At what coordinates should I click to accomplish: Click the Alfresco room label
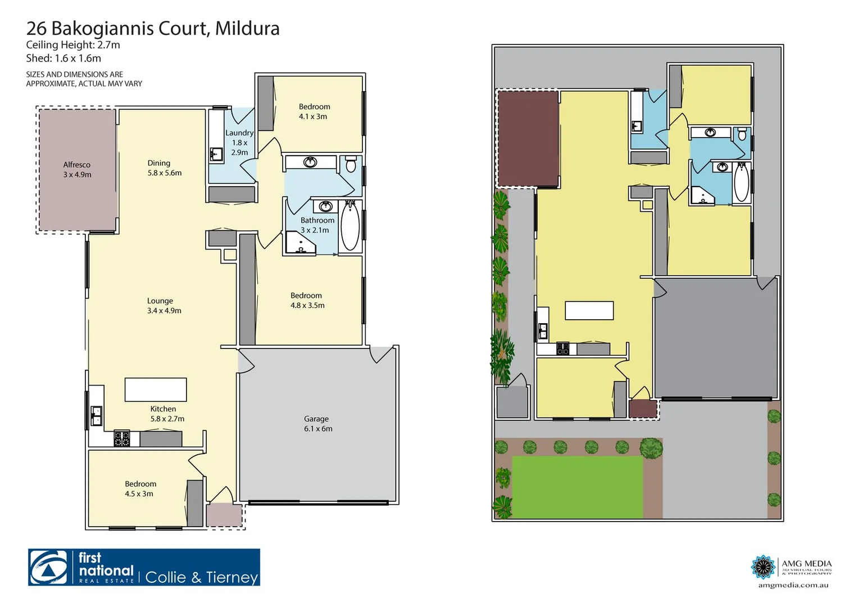[77, 169]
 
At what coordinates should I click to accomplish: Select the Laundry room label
[239, 142]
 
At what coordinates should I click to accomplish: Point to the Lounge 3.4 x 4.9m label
[164, 306]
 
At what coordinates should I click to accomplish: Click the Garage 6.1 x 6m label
[318, 424]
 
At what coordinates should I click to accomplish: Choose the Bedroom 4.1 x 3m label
[314, 111]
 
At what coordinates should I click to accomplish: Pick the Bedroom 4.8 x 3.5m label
[307, 300]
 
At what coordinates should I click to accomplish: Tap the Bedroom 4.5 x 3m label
[140, 488]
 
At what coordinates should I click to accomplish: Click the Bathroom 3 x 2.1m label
[316, 225]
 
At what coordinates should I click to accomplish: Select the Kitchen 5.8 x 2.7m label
[166, 414]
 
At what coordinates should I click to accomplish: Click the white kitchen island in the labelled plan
[156, 389]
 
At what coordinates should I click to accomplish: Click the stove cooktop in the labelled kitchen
[122, 438]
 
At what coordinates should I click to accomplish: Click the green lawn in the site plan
[577, 487]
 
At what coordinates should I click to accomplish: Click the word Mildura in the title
[247, 28]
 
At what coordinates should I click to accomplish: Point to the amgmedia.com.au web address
[793, 585]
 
